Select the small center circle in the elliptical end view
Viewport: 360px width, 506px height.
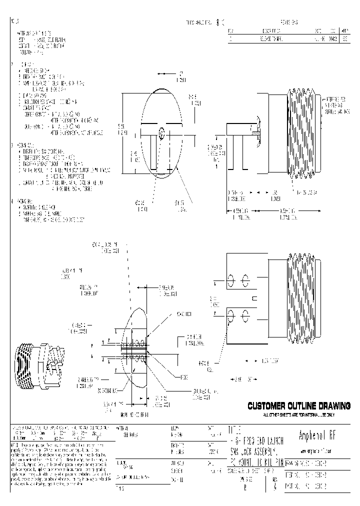pos(161,133)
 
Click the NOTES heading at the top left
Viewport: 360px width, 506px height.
pos(14,22)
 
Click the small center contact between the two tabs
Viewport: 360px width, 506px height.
pos(254,298)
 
